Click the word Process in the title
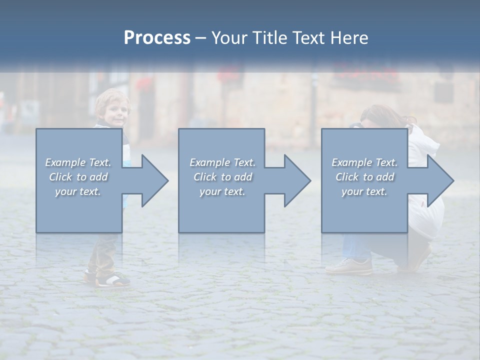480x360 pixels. (157, 38)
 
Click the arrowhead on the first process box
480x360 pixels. (150, 180)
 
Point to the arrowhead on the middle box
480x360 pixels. (292, 180)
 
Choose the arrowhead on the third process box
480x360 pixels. (435, 180)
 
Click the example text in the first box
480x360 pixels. (78, 177)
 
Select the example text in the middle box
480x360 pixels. (222, 177)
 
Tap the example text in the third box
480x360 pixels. (364, 177)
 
